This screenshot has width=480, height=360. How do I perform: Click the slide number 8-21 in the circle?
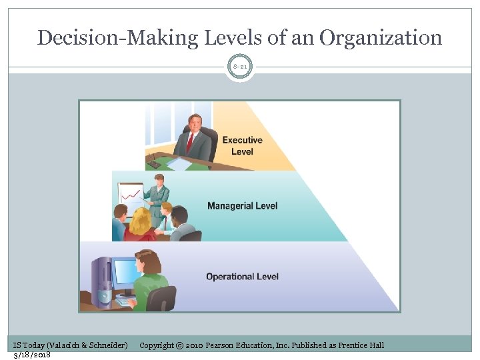pyautogui.click(x=240, y=67)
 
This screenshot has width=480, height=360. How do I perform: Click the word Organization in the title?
pyautogui.click(x=381, y=38)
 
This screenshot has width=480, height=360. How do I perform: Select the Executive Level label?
pyautogui.click(x=242, y=145)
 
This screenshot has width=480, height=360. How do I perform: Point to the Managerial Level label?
pyautogui.click(x=242, y=205)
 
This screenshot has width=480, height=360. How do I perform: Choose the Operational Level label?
pyautogui.click(x=242, y=277)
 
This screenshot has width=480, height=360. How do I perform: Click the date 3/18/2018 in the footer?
pyautogui.click(x=31, y=354)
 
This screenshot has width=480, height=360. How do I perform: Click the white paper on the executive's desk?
pyautogui.click(x=179, y=163)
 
